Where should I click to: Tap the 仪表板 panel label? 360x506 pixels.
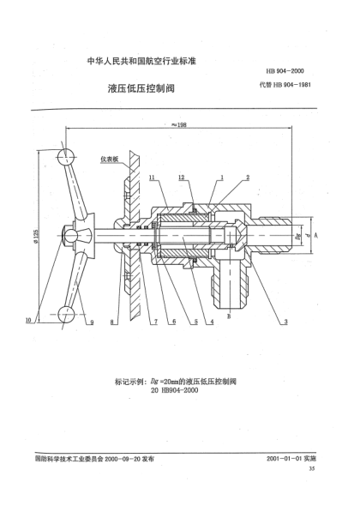110,159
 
